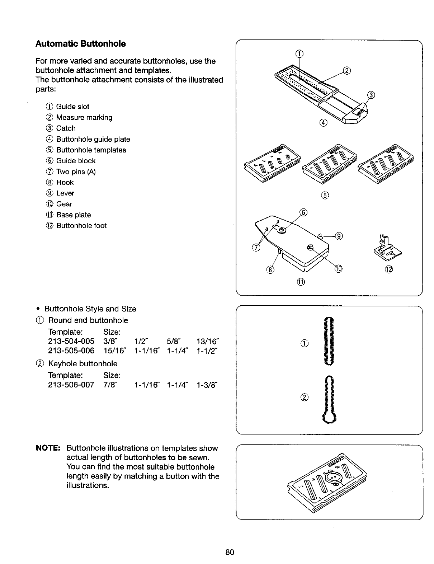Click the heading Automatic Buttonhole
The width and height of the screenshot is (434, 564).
[x=81, y=44]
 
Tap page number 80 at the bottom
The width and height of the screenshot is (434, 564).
[x=230, y=552]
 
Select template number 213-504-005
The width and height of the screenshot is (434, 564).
[x=71, y=341]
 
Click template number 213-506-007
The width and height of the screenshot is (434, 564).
[x=71, y=385]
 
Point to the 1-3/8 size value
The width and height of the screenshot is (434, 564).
[x=207, y=385]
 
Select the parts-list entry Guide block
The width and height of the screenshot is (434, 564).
[x=76, y=161]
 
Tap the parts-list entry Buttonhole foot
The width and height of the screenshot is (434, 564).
[x=81, y=226]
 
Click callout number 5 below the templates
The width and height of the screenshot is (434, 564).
[x=325, y=195]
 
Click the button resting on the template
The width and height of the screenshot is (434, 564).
[x=333, y=479]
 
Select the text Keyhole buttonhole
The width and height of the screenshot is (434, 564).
[x=82, y=363]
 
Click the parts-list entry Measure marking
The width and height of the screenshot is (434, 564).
[x=84, y=117]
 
